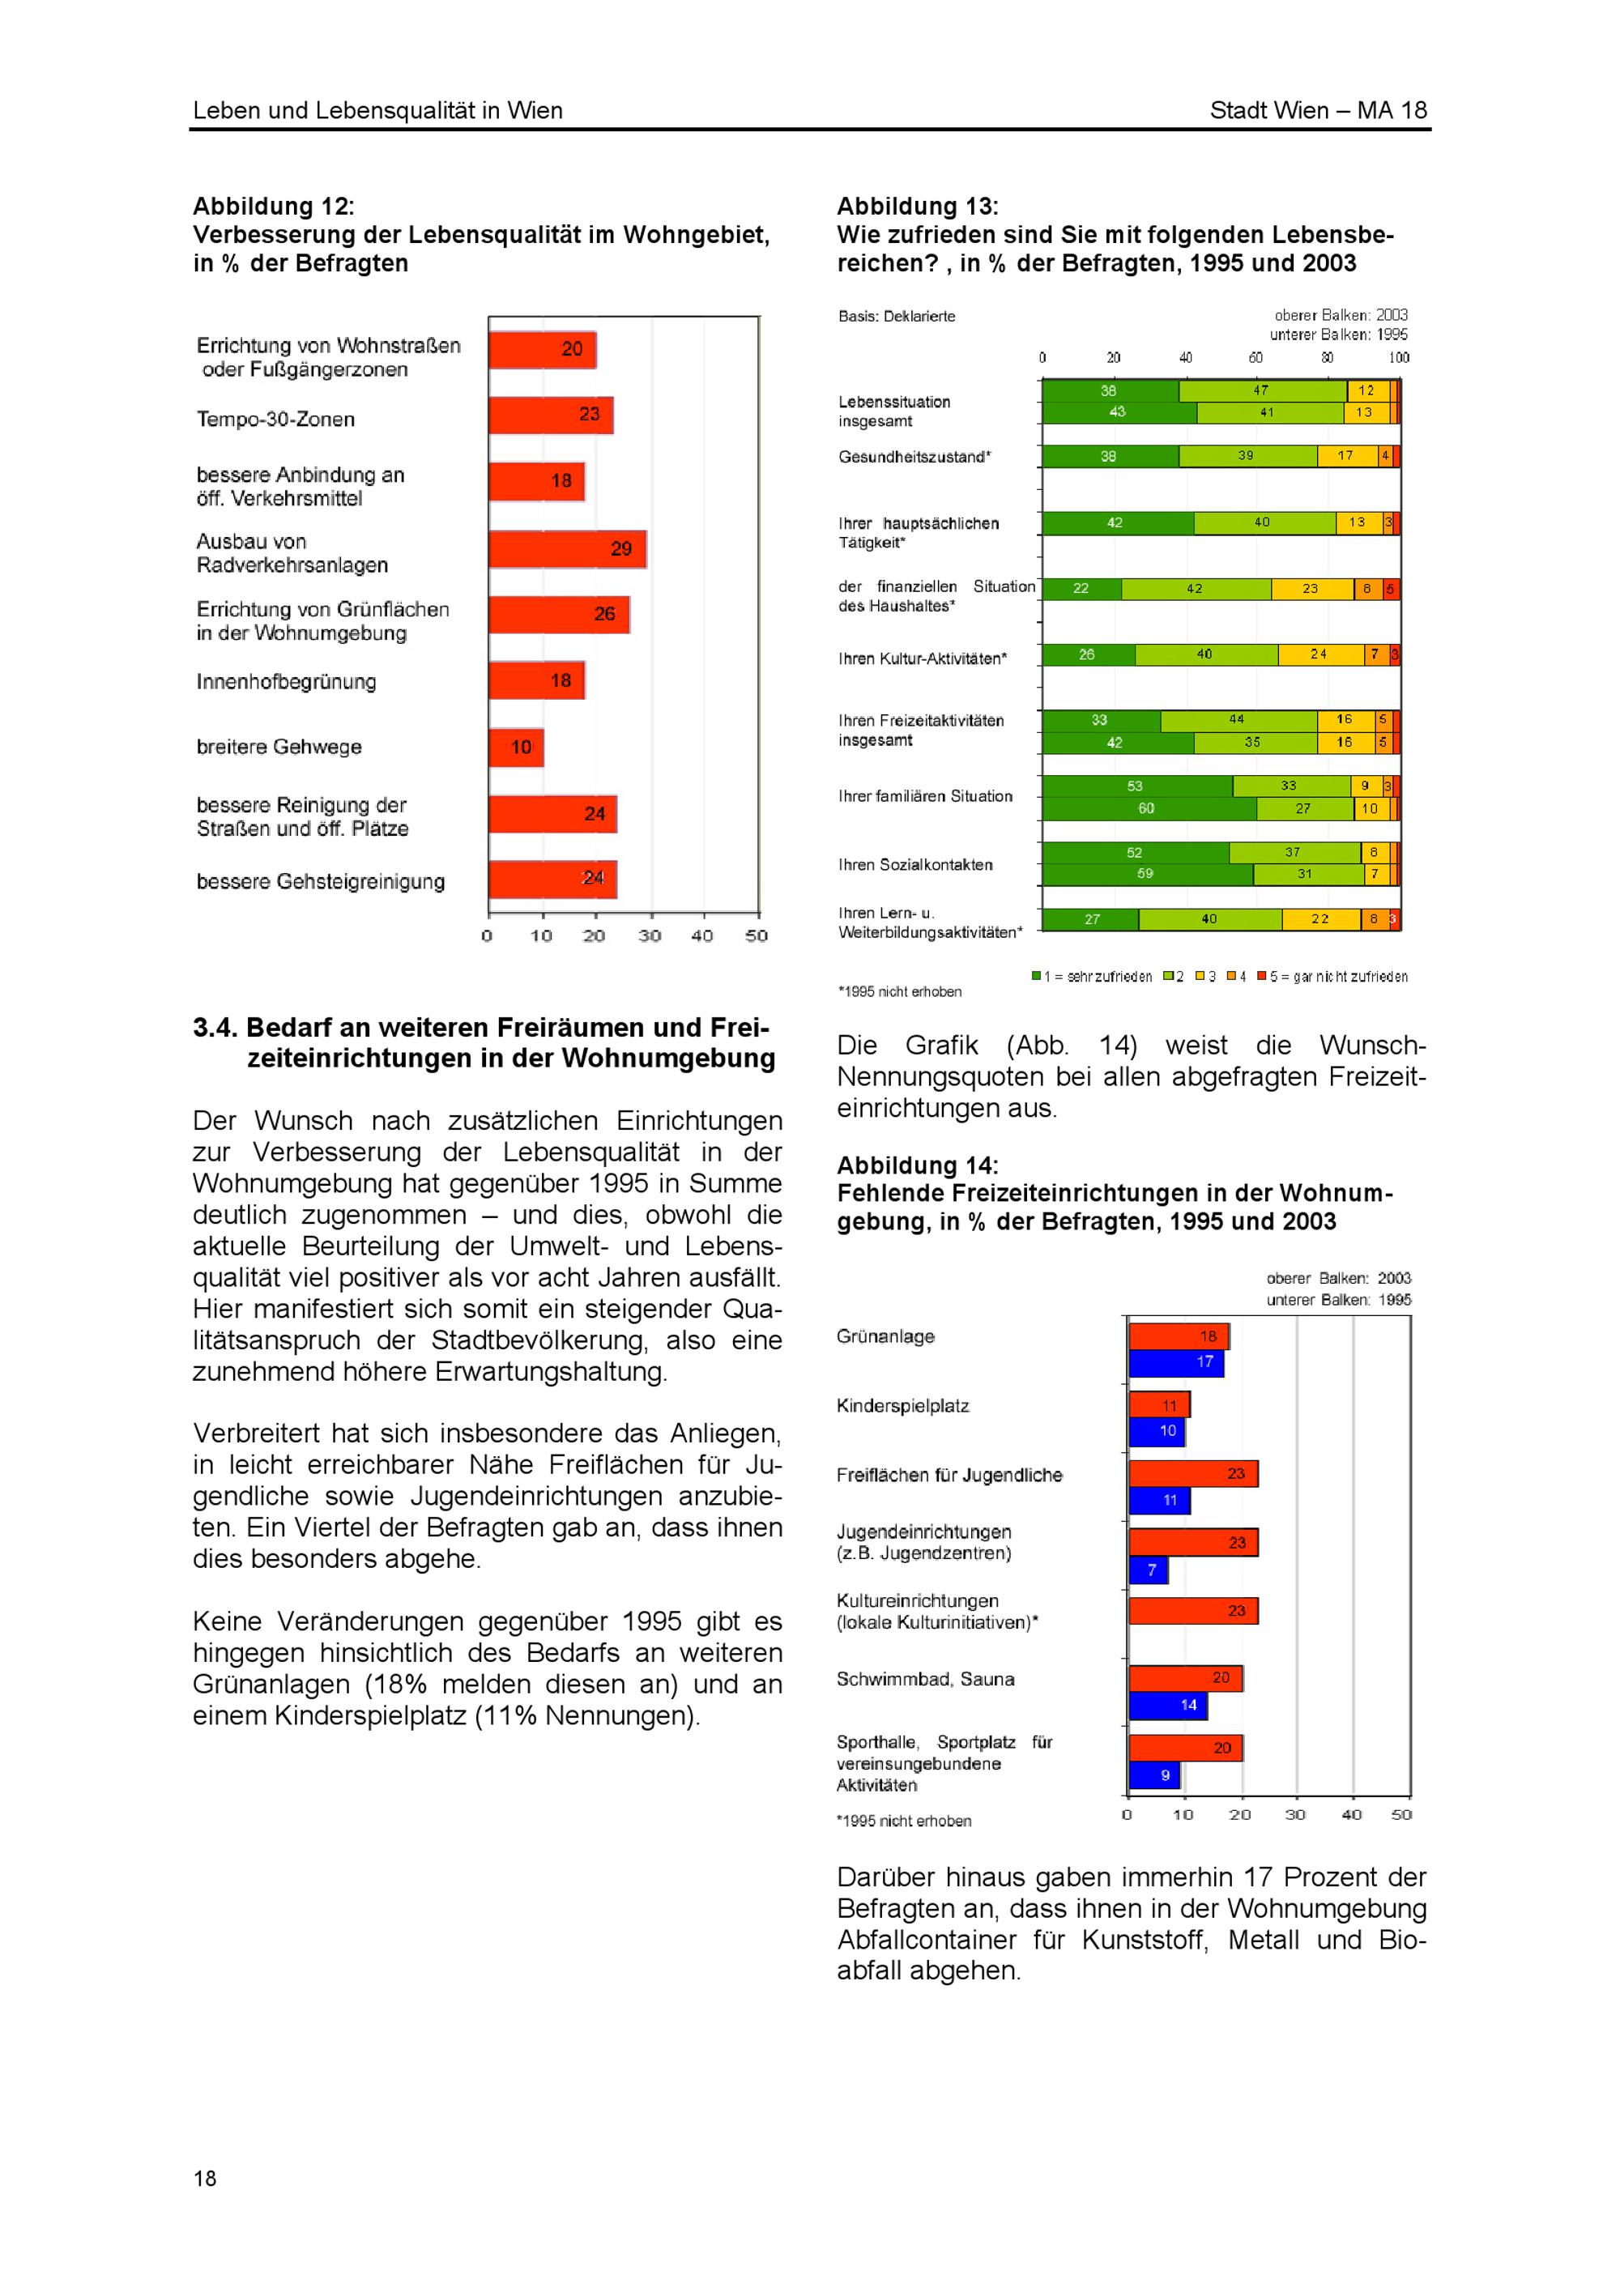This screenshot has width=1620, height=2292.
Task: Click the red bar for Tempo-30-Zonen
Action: click(x=550, y=415)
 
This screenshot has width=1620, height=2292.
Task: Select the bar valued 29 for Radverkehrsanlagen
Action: click(x=567, y=549)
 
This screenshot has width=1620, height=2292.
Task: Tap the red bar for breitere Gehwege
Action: click(x=516, y=748)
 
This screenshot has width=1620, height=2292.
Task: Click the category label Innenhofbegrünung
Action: click(x=287, y=682)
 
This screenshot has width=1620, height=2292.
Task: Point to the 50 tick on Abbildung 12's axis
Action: click(x=757, y=936)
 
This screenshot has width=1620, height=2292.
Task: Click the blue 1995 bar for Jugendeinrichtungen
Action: click(x=1148, y=1570)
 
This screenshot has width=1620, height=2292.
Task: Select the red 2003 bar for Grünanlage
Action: click(x=1178, y=1336)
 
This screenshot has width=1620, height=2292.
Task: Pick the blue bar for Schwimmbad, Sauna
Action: click(x=1168, y=1705)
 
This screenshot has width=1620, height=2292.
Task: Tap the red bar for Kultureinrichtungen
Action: click(x=1193, y=1611)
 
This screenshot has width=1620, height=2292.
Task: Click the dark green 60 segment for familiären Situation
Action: click(x=1148, y=808)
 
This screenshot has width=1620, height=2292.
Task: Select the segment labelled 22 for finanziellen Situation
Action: click(x=1081, y=589)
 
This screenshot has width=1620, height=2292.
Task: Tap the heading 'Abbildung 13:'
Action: click(x=917, y=207)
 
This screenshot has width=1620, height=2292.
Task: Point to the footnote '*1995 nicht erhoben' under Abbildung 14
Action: click(x=903, y=1821)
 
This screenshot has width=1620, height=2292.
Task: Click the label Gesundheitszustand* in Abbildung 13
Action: click(x=914, y=458)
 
